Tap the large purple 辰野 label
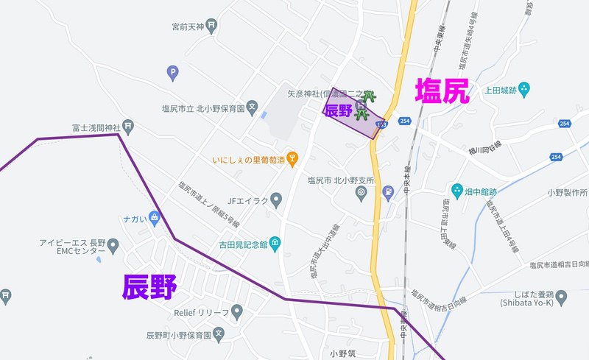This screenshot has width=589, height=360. point(149,287)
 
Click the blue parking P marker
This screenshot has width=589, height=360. point(172,72)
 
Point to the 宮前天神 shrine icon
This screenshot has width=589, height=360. point(212,27)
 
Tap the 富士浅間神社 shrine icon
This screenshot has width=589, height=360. point(129,127)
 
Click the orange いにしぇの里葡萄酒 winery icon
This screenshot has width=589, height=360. point(293,158)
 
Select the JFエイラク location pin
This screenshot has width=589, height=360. point(276,199)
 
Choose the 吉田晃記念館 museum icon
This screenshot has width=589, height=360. point(275,243)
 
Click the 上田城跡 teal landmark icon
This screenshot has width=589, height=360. point(523,90)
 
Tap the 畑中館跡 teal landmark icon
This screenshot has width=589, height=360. point(456,190)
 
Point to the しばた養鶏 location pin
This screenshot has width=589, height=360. point(562,297)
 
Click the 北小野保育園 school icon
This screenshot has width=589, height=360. point(253,107)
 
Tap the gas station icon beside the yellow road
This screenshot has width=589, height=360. point(387,194)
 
